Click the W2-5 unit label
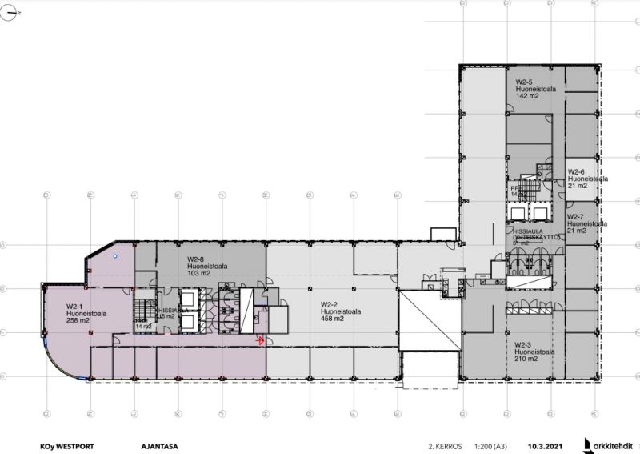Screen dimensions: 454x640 click(x=525, y=81)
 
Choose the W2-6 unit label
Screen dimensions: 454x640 click(x=577, y=171)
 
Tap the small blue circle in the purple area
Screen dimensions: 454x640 click(x=115, y=256)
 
